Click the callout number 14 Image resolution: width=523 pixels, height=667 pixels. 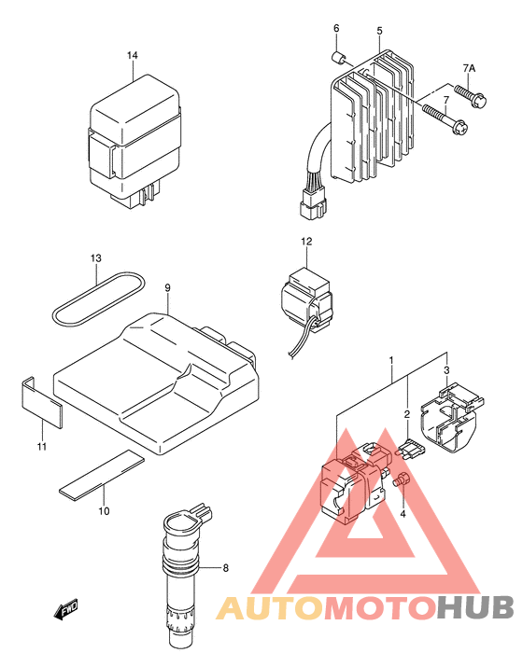tap(133, 55)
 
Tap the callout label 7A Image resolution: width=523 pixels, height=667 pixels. tap(470, 68)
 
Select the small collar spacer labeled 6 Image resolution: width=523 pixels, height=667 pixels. tap(339, 57)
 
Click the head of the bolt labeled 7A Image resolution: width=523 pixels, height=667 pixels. tap(479, 101)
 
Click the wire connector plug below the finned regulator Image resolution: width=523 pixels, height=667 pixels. tap(313, 203)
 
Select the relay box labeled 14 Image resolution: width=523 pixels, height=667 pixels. tap(135, 143)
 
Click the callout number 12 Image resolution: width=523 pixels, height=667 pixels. tap(306, 242)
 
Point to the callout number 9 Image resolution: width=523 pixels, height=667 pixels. tap(167, 288)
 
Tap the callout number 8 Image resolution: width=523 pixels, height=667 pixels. tap(226, 568)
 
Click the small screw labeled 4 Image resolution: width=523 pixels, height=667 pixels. tap(403, 480)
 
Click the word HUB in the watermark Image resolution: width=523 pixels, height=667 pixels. tap(475, 607)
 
